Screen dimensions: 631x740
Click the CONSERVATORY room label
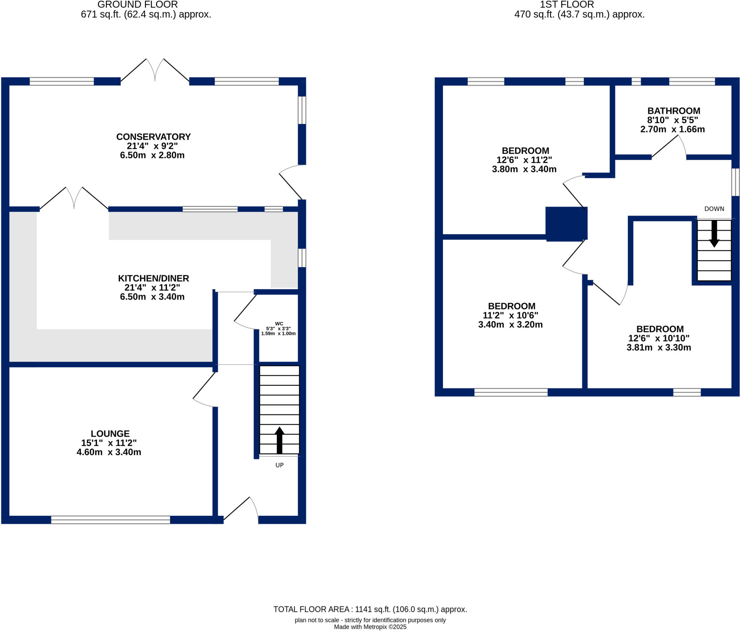[x=153, y=137]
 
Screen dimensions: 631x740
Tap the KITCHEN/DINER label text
[x=153, y=278]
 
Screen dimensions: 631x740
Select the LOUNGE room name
[x=110, y=433]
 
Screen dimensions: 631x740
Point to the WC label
[x=279, y=324]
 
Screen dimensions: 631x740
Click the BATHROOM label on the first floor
[x=674, y=111]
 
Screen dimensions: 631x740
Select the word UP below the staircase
[x=279, y=465]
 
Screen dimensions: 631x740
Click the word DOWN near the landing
[x=714, y=209]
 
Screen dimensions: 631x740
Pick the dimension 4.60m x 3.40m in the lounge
[x=109, y=452]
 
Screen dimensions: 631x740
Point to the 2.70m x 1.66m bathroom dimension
[x=672, y=129]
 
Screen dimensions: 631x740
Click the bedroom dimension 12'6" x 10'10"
[x=659, y=338]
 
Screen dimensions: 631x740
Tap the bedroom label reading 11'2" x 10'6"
[x=510, y=315]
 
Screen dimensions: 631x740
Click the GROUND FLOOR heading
[x=138, y=5]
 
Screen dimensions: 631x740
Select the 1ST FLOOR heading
[x=567, y=5]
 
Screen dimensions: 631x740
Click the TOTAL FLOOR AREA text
[x=370, y=609]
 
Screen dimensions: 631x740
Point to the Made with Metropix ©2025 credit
[x=370, y=627]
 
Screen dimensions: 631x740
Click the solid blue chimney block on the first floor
[x=566, y=224]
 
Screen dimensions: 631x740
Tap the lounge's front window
[x=110, y=520]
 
